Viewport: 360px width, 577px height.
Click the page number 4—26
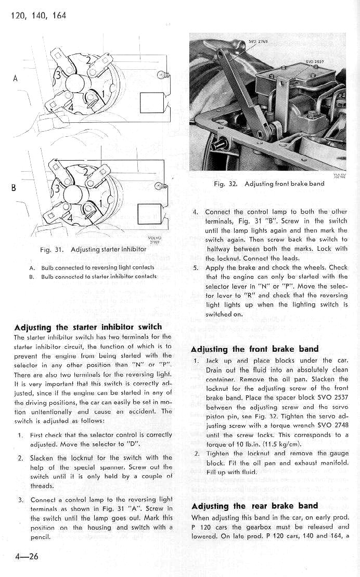tap(23, 556)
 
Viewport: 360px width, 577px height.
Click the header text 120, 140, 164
tap(38, 15)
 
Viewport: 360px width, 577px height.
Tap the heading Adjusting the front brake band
tap(255, 349)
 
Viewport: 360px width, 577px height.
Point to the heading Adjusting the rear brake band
tap(254, 506)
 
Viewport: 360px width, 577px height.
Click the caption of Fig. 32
tap(269, 184)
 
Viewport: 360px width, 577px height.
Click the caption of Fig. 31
tap(93, 249)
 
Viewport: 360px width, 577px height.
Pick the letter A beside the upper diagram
tap(16, 79)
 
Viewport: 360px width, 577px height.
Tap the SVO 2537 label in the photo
tap(314, 61)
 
